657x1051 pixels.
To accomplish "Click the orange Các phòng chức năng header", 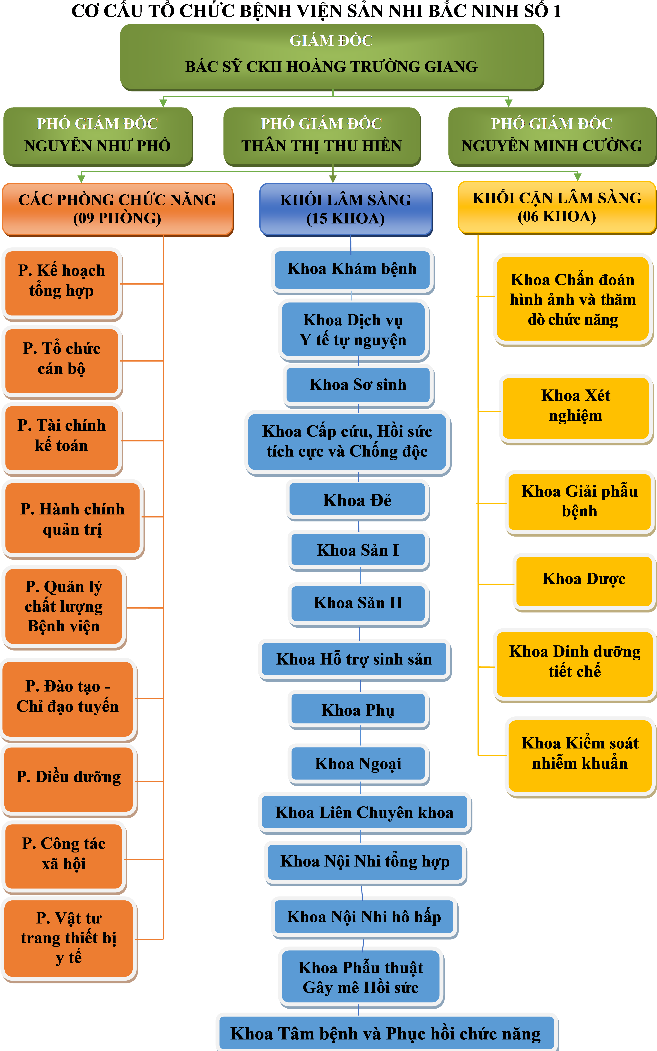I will point(117,209).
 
